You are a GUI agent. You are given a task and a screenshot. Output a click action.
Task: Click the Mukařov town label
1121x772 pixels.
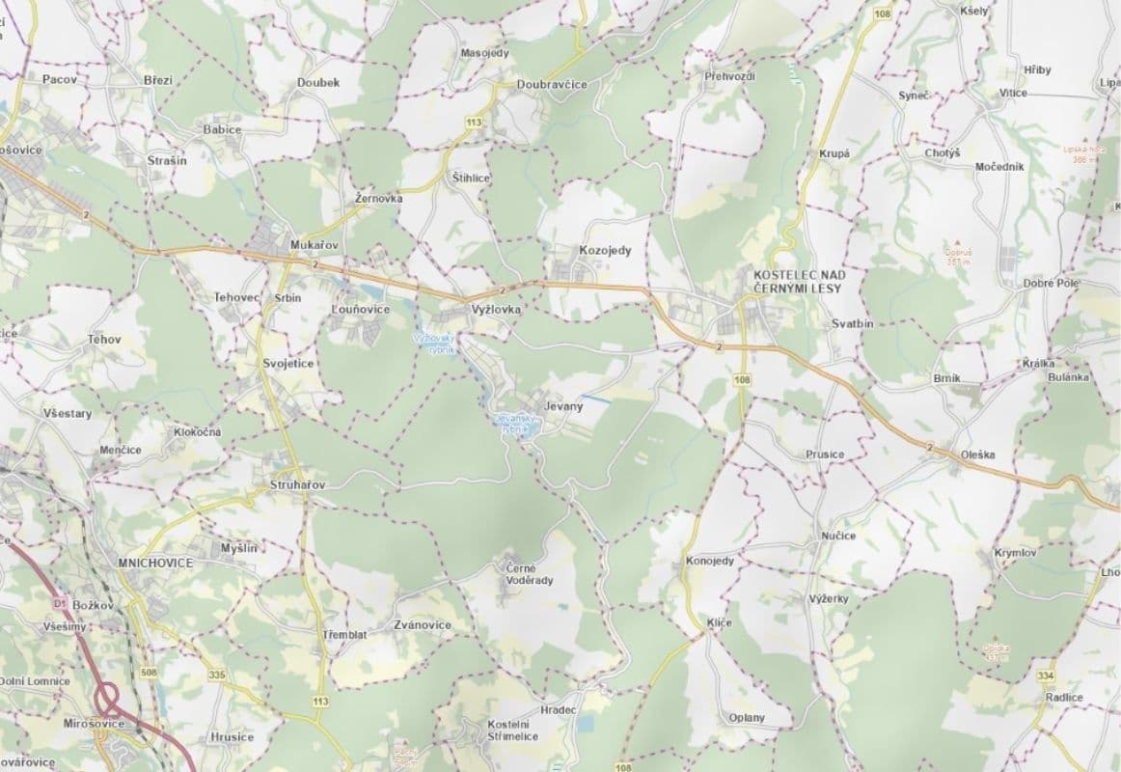tap(314, 245)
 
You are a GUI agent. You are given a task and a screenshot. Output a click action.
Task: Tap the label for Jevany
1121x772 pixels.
tap(563, 406)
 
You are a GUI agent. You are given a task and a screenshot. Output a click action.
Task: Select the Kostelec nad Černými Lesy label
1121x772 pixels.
tap(796, 281)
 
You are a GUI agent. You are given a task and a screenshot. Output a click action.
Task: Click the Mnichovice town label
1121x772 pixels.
tap(154, 562)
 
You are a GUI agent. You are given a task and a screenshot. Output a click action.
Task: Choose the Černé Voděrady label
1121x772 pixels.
tap(530, 574)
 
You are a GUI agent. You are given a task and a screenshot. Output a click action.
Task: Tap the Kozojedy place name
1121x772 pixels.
tap(605, 251)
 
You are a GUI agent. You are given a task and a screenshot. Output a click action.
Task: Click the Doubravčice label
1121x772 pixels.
tap(552, 85)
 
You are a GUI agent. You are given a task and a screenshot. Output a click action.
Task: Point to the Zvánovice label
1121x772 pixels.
tap(423, 625)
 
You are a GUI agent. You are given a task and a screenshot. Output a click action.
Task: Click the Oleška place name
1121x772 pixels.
tap(977, 455)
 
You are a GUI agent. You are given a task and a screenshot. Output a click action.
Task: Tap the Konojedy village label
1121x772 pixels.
tap(709, 561)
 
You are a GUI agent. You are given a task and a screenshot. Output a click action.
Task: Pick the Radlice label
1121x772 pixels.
tap(1062, 698)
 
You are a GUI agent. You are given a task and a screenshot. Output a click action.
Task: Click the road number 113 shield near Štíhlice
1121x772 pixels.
tap(473, 123)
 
